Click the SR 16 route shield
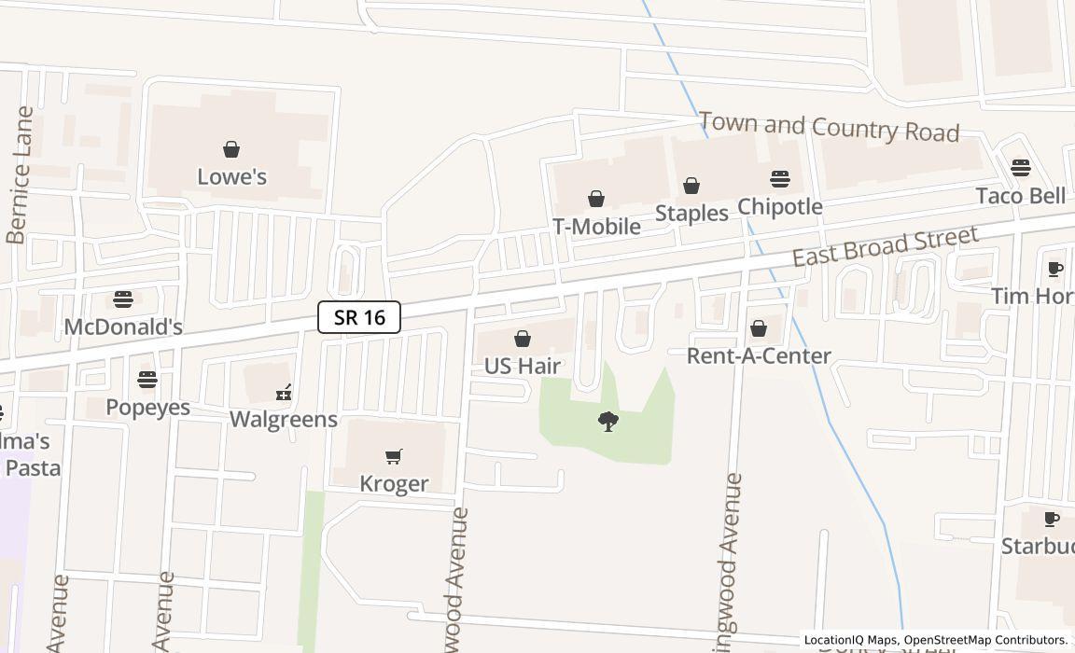359,317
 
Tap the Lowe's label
231,176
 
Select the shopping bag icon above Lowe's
231,149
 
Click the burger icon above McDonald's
123,299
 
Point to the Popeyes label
147,407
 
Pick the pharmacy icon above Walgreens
284,392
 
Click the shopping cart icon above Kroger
394,456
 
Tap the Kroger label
394,483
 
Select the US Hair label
523,366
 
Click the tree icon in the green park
608,422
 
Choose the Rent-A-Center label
759,355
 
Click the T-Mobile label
596,226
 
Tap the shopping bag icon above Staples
691,186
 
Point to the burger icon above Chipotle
780,179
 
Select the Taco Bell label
1021,196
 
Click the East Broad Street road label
886,245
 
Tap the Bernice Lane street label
20,175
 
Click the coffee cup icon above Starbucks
1052,519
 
